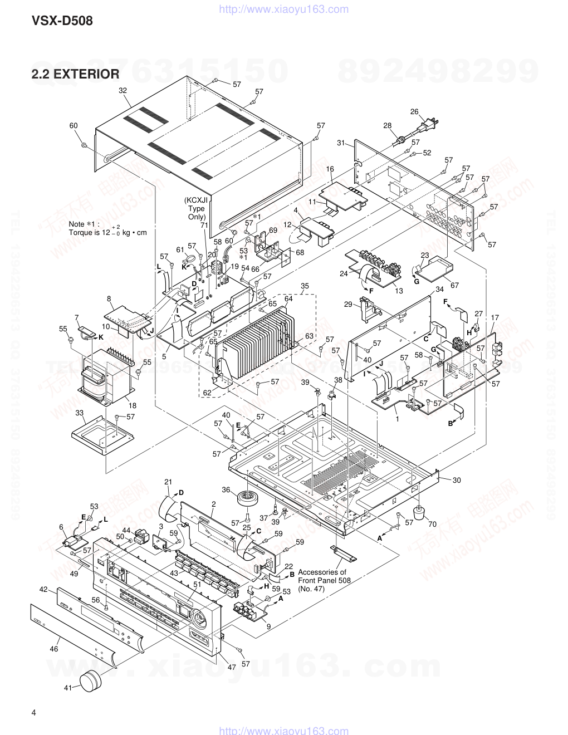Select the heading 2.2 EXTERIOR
(x=75, y=73)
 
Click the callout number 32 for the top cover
(x=123, y=90)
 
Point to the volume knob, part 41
(x=90, y=680)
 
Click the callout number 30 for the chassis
(x=457, y=480)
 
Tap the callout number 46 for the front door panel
(x=54, y=649)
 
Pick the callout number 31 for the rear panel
(x=341, y=143)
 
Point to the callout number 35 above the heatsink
(x=305, y=286)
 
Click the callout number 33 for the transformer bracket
(x=80, y=413)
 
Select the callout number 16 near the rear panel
(x=330, y=169)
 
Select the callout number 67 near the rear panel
(x=454, y=286)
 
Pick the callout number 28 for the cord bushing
(x=388, y=126)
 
